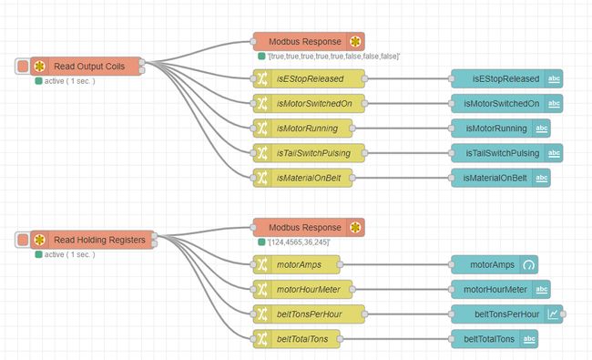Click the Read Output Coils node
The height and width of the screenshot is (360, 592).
pos(88,67)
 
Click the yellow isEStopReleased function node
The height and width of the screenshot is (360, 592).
pos(309,78)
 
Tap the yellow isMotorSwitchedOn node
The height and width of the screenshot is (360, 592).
pos(309,103)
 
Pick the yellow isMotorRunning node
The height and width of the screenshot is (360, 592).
pos(309,128)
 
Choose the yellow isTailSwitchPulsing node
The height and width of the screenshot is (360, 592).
pos(309,152)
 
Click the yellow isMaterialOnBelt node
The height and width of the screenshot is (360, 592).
pos(309,177)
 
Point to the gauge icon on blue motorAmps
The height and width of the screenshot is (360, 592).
pos(529,264)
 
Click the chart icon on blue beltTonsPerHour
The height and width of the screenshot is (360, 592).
pos(555,314)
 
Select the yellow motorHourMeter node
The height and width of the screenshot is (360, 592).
pos(309,289)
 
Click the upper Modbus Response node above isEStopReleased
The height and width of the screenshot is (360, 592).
pos(309,41)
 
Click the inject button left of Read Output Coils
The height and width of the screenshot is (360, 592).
pos(23,67)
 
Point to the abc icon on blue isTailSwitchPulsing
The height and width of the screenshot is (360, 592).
pos(555,152)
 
